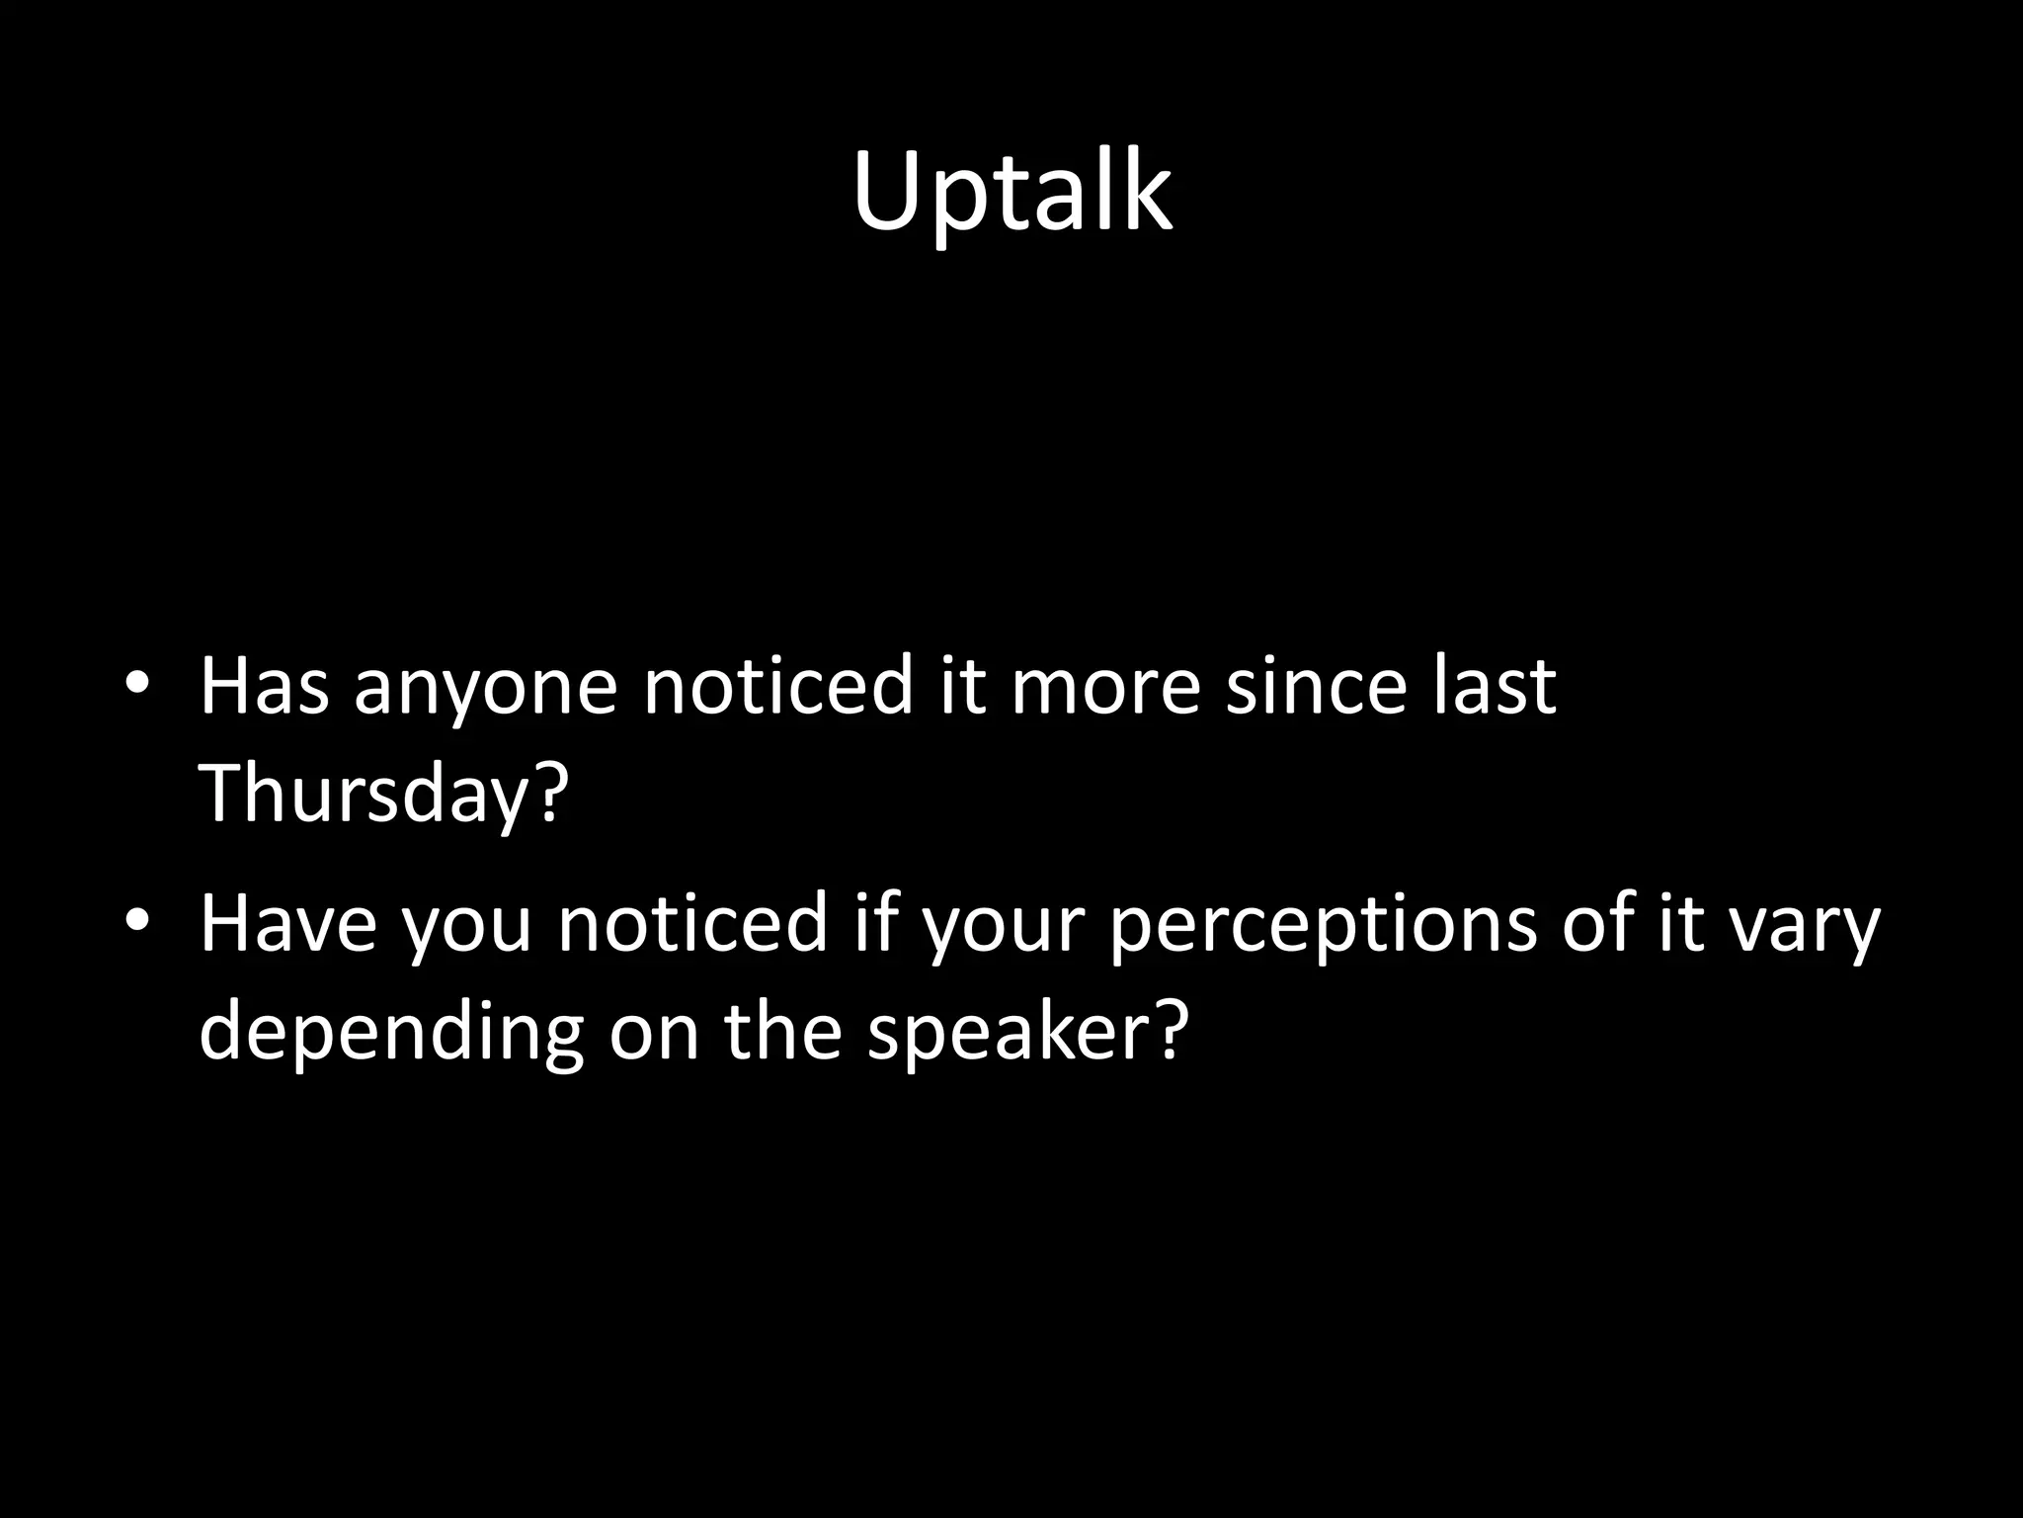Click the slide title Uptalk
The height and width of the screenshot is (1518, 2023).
click(1011, 192)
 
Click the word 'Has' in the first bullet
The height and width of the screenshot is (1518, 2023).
click(264, 686)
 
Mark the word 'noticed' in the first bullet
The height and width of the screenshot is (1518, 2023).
click(777, 686)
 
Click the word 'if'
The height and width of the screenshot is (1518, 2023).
click(879, 923)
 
